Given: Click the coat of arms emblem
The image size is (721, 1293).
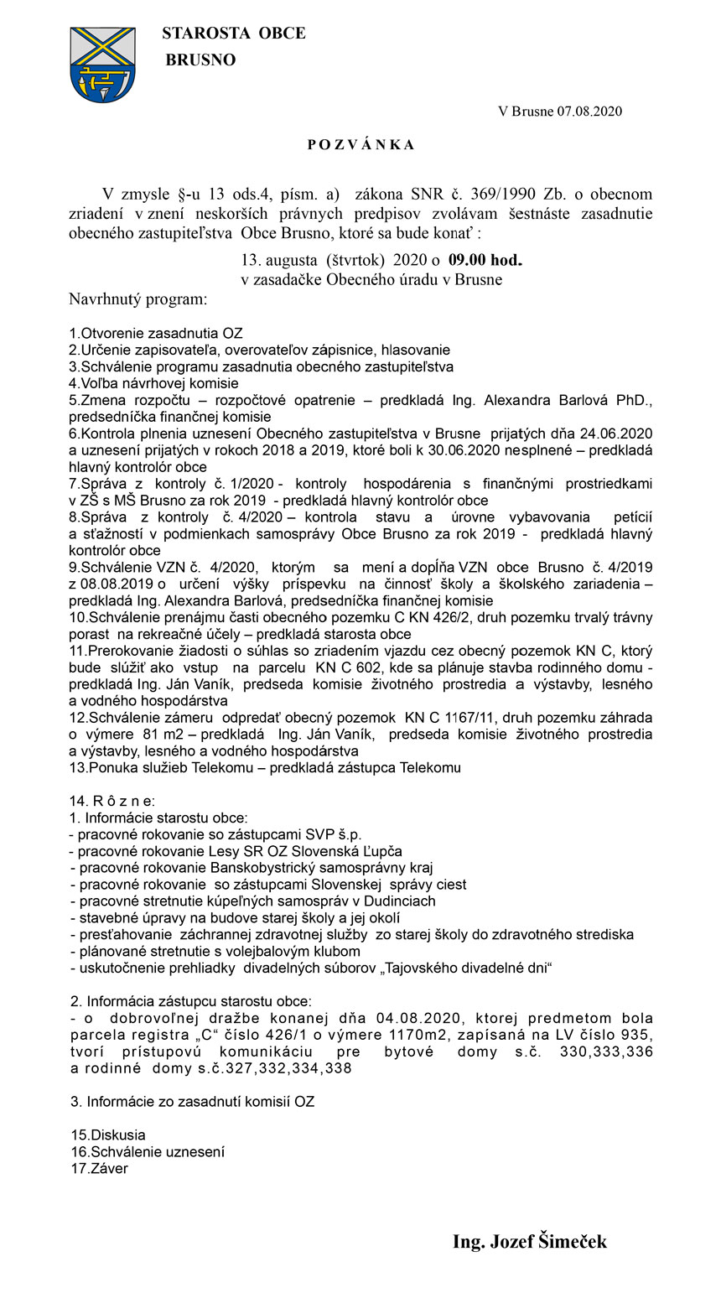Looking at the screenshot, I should pos(102,65).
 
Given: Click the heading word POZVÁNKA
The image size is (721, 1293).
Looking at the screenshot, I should pos(360,145).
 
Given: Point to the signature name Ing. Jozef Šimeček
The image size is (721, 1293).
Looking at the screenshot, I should pos(529,1242).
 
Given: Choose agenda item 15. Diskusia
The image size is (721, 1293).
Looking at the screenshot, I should pos(108,1135).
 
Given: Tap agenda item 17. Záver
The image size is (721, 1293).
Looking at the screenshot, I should pos(100,1168).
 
